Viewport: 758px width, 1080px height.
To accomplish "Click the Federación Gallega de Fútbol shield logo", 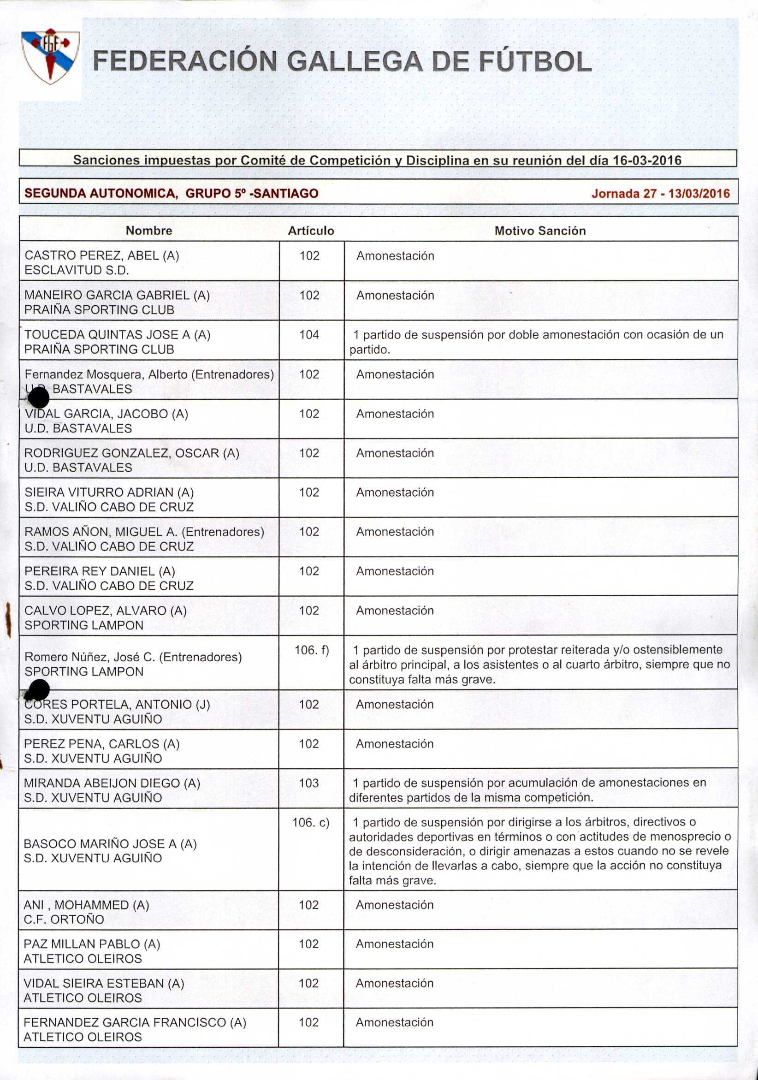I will [x=50, y=56].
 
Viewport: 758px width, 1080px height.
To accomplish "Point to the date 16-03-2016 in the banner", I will [x=647, y=160].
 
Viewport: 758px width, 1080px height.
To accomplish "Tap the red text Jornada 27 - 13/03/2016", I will [x=660, y=194].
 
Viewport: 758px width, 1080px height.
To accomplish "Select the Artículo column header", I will [x=311, y=231].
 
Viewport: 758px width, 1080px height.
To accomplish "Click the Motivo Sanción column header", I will [x=540, y=231].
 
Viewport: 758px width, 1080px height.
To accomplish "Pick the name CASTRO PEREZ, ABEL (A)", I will [x=101, y=255].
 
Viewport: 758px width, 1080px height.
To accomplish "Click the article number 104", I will [x=309, y=334].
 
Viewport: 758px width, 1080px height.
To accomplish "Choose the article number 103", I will [x=309, y=783].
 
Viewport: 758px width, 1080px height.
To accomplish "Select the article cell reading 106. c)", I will [x=311, y=822].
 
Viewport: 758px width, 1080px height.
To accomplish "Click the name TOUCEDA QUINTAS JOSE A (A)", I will [x=117, y=334].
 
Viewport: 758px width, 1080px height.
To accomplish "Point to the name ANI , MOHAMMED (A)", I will [x=86, y=905].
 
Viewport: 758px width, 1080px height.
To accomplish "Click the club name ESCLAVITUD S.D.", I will [x=77, y=270].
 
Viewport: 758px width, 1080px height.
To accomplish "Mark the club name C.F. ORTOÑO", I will [x=64, y=919].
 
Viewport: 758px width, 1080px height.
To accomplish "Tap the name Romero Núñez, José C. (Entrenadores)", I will [x=133, y=657].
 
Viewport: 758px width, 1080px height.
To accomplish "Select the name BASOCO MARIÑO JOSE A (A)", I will [x=110, y=843].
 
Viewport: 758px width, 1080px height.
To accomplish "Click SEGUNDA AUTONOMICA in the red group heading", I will [x=101, y=193].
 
